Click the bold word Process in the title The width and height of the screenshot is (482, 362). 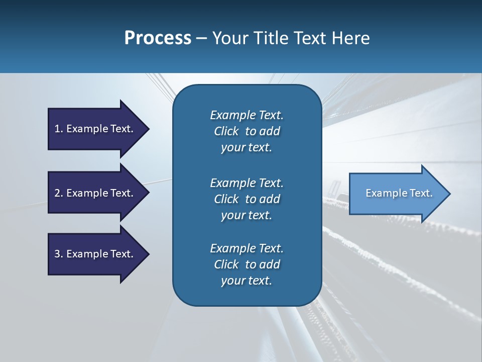[x=158, y=38]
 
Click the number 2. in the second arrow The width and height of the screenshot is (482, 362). [x=58, y=193]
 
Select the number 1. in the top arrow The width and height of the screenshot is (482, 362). [x=58, y=129]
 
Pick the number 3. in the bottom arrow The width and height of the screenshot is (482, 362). [x=58, y=254]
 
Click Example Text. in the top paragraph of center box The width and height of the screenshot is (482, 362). [x=247, y=115]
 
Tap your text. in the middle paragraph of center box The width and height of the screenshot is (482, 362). [x=247, y=215]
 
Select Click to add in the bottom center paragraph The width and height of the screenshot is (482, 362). [x=247, y=264]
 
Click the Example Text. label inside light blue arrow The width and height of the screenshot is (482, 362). [x=399, y=193]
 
